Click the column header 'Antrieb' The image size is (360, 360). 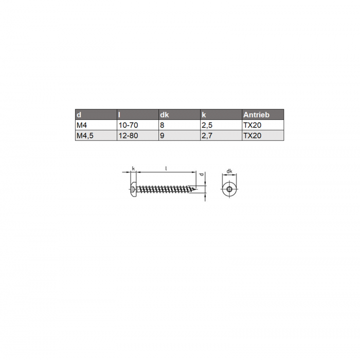click(256, 115)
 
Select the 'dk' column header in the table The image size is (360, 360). click(165, 115)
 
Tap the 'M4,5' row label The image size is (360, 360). click(85, 135)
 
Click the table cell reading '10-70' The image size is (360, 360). click(128, 125)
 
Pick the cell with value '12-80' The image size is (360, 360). click(128, 135)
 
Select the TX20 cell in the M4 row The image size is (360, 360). click(253, 125)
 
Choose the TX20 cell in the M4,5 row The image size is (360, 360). click(253, 135)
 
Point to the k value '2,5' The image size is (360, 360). click(207, 125)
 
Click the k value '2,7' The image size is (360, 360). click(207, 135)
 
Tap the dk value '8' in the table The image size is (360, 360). click(162, 125)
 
